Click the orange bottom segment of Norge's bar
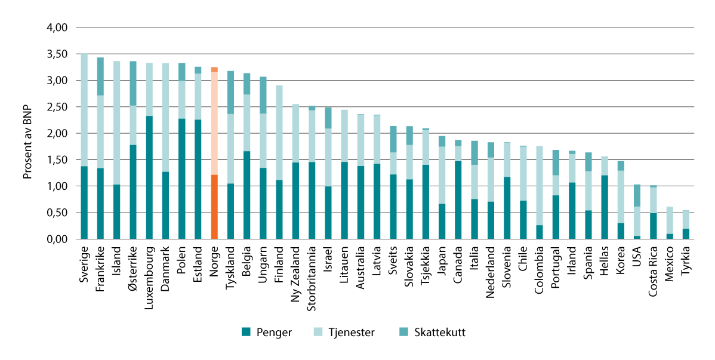pyautogui.click(x=214, y=207)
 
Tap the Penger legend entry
pyautogui.click(x=267, y=333)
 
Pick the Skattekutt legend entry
pyautogui.click(x=432, y=333)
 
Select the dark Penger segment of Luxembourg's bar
pyautogui.click(x=149, y=177)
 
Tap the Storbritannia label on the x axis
pyautogui.click(x=312, y=275)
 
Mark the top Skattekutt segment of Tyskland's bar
pyautogui.click(x=230, y=93)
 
